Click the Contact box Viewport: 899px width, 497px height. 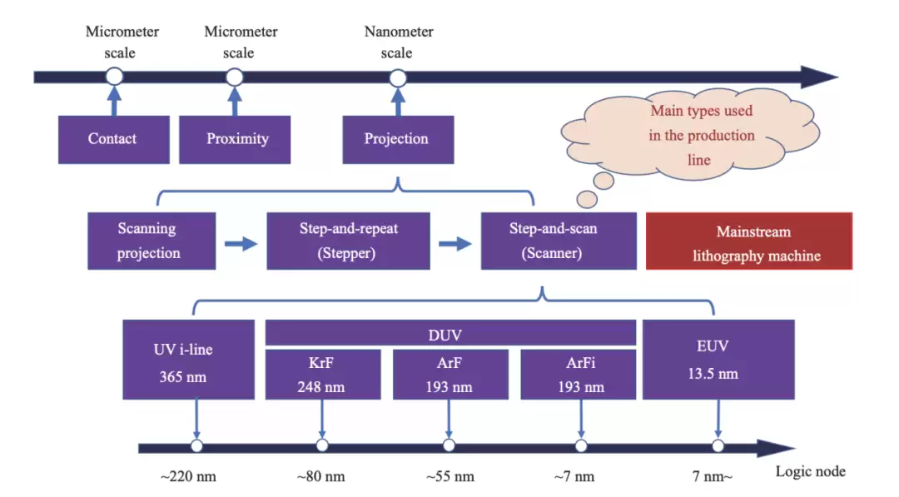coord(113,139)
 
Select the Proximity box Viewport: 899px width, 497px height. coord(236,139)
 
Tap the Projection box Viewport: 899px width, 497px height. coord(398,139)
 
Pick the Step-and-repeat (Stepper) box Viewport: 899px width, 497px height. coord(348,241)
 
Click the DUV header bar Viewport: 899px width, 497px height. coord(450,334)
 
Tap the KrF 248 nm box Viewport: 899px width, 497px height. coord(322,375)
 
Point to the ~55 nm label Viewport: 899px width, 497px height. coord(449,477)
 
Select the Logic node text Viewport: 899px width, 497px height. coord(810,472)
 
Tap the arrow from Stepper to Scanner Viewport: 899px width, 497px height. coord(455,244)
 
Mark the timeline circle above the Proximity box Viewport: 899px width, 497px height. coord(235,77)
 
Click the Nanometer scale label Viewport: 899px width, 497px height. coord(398,42)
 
